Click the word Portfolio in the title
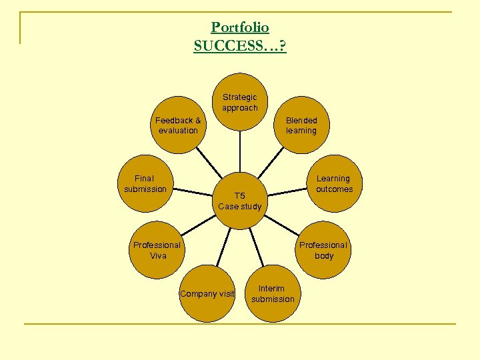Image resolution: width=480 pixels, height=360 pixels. point(240,27)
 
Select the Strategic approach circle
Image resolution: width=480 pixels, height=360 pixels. point(240,102)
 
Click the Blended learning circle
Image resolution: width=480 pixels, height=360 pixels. point(301,125)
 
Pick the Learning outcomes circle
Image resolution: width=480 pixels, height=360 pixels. point(333,183)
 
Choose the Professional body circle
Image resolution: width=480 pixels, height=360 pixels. point(323,250)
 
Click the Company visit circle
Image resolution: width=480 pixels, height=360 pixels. point(207,293)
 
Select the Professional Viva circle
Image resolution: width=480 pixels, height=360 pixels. point(157,250)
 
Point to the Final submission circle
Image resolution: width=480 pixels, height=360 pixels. point(145,183)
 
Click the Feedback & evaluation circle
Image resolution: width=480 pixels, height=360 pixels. point(178,125)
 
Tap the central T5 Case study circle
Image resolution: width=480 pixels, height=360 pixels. point(240,201)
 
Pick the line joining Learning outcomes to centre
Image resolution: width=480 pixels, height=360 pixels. point(289,191)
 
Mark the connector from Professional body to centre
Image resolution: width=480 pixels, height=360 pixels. point(283,226)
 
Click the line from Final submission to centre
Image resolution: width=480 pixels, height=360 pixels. point(193,192)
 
